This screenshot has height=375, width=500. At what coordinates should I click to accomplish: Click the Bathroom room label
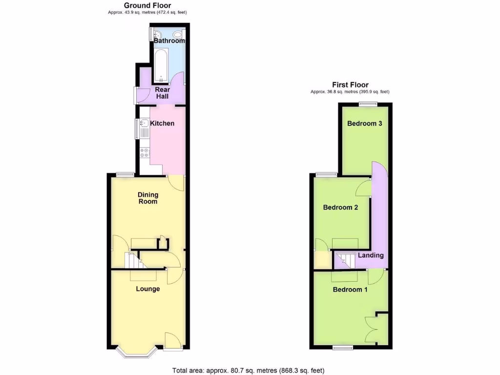pyautogui.click(x=169, y=41)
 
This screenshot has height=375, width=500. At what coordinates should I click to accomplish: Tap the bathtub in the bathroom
pyautogui.click(x=161, y=66)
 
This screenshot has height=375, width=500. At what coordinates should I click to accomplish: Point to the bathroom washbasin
pyautogui.click(x=156, y=34)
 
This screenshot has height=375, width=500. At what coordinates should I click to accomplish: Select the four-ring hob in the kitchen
pyautogui.click(x=145, y=153)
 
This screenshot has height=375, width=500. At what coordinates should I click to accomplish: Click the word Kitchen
pyautogui.click(x=162, y=124)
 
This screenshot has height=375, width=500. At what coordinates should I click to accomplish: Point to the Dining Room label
pyautogui.click(x=147, y=198)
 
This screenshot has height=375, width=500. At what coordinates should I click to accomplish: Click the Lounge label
pyautogui.click(x=147, y=289)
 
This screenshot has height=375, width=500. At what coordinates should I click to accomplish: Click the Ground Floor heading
pyautogui.click(x=147, y=5)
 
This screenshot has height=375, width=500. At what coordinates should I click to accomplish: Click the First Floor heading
pyautogui.click(x=350, y=84)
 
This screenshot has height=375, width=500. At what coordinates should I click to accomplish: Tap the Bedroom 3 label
pyautogui.click(x=364, y=124)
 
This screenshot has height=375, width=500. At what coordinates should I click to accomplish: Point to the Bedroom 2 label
pyautogui.click(x=341, y=208)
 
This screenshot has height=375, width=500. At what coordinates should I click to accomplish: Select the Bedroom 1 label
pyautogui.click(x=350, y=290)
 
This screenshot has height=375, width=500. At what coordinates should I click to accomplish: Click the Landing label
pyautogui.click(x=371, y=255)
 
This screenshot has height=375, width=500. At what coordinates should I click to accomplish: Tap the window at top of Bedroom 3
pyautogui.click(x=367, y=104)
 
